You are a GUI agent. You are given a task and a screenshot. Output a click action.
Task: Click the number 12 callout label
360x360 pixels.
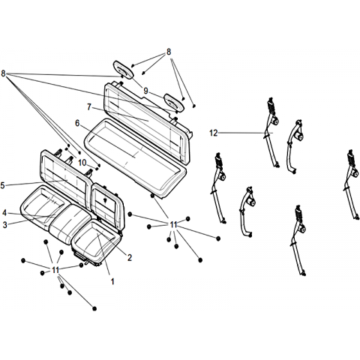(x=214, y=133)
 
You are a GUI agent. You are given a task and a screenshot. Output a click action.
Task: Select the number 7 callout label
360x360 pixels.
(x=89, y=107)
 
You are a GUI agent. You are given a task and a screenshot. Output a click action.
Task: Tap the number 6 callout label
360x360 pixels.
(x=77, y=123)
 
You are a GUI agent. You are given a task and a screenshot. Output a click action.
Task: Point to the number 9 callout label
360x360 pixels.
(x=145, y=91)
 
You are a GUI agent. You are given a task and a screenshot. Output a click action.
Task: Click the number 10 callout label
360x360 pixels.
(x=82, y=163)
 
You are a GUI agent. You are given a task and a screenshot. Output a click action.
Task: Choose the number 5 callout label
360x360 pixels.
(x=2, y=185)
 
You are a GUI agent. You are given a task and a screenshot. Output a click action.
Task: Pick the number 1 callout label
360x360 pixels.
(x=112, y=281)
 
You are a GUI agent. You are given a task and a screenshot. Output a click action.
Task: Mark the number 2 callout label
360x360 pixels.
(x=130, y=258)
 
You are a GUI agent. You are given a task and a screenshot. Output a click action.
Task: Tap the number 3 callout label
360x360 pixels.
(x=5, y=225)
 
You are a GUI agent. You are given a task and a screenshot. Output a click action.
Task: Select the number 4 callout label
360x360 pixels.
(x=4, y=213)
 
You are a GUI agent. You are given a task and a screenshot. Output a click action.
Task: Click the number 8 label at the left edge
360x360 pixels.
(x=3, y=73)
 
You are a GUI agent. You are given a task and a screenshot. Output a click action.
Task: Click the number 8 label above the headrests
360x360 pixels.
(x=169, y=52)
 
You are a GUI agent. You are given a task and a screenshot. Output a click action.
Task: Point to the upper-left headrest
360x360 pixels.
(x=123, y=70)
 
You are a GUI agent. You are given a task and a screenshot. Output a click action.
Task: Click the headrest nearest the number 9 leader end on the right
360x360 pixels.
(x=174, y=102)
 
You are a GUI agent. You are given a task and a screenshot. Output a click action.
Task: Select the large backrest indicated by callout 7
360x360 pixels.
(x=148, y=122)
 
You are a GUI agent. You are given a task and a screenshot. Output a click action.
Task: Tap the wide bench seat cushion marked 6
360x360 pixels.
(x=135, y=157)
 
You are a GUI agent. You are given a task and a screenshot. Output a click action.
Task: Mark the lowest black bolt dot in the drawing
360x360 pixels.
(x=94, y=308)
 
